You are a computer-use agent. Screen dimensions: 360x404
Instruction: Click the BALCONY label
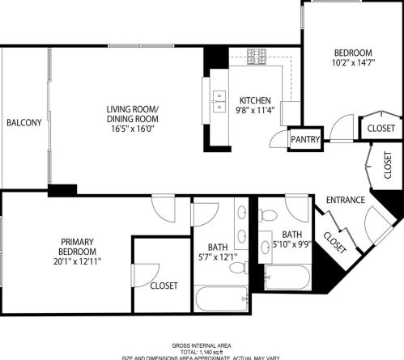tap(24, 123)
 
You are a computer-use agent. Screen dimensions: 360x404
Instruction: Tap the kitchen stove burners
tap(257, 57)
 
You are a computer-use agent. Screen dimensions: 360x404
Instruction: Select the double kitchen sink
tap(219, 100)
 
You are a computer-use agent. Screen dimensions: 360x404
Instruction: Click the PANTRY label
tap(306, 140)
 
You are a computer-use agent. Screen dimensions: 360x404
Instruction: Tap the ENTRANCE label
tap(345, 200)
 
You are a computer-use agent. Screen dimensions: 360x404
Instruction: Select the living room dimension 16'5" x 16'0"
tap(134, 127)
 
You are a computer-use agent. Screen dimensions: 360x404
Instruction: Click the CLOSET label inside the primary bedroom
tap(164, 285)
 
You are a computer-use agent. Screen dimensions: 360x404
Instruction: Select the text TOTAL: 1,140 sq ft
tap(201, 351)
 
